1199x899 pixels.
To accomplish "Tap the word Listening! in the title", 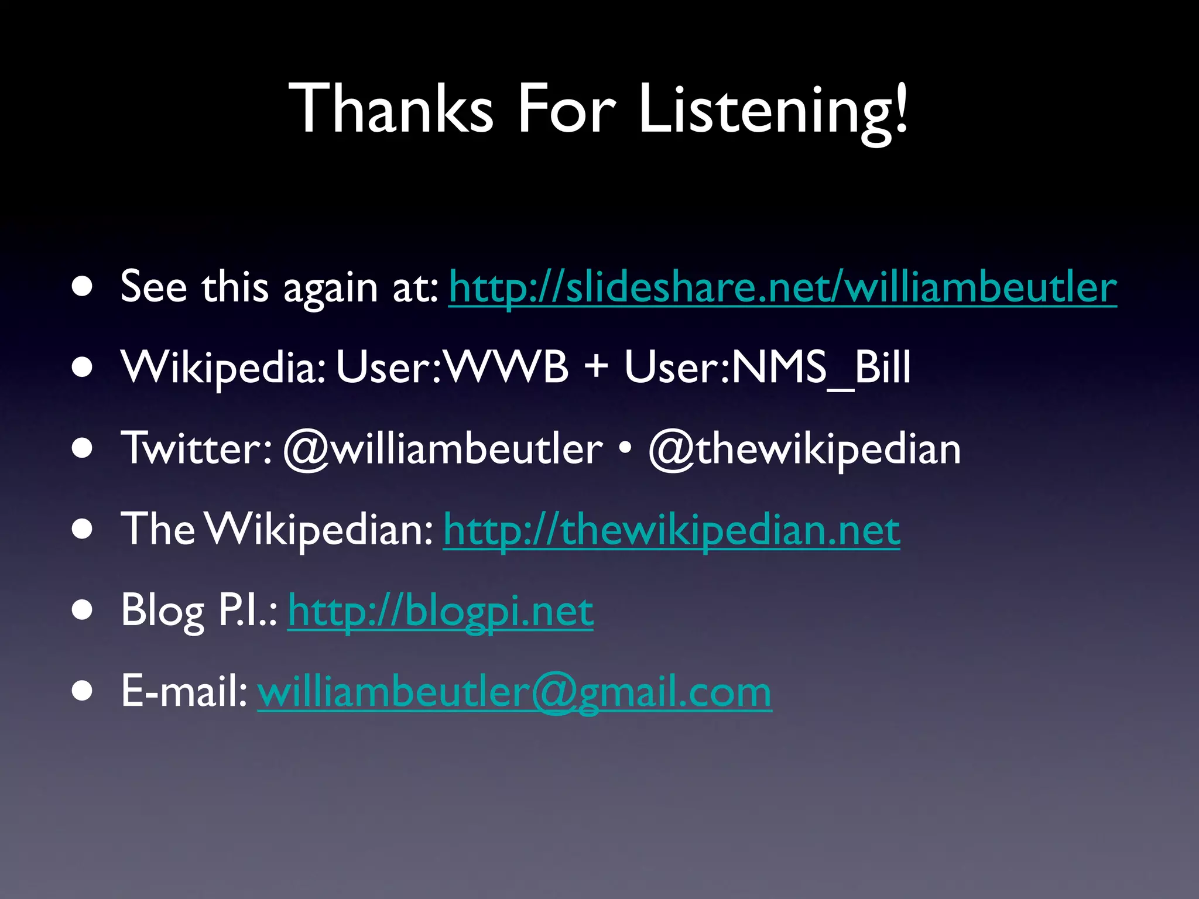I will (x=773, y=108).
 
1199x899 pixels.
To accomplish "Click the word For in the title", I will (x=566, y=108).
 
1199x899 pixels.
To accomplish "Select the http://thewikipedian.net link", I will (x=672, y=530).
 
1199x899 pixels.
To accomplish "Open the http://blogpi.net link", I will (x=440, y=611).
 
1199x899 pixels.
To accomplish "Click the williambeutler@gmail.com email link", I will (x=514, y=692).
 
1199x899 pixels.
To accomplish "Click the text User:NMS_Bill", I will (x=768, y=368).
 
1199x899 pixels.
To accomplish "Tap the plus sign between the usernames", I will (x=596, y=368).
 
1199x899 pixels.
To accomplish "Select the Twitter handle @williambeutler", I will (x=443, y=449).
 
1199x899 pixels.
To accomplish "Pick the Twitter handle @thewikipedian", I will (x=804, y=449).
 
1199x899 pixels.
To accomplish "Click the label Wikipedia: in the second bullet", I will (x=223, y=368).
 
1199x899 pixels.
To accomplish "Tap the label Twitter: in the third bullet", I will (x=197, y=449).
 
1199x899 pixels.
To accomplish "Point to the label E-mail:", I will (x=184, y=692).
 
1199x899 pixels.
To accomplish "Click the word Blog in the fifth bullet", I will (x=163, y=611).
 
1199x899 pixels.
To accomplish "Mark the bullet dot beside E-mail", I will (x=83, y=691).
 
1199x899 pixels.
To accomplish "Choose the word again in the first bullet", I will (x=331, y=288).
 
